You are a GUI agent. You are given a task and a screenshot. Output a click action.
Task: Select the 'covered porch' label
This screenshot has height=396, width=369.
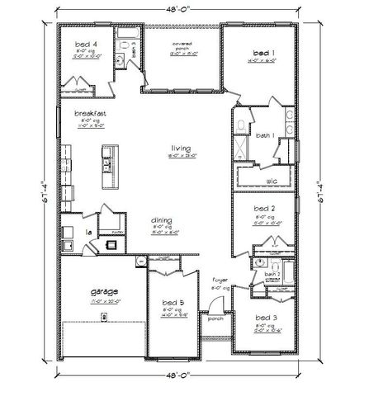182,43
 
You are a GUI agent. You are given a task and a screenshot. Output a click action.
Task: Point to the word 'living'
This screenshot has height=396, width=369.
172,148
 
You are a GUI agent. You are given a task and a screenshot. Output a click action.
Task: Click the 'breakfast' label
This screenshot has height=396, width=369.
88,113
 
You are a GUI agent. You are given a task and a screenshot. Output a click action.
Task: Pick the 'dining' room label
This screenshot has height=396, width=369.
162,220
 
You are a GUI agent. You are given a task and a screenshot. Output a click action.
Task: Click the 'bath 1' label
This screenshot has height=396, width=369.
264,135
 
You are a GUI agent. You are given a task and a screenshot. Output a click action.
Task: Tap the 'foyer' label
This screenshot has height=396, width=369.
219,280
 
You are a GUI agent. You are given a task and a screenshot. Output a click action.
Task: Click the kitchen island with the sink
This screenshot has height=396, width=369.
106,163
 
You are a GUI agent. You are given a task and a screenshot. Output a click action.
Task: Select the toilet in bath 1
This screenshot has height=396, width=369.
238,125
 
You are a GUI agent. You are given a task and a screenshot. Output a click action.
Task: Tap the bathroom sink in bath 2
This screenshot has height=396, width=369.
258,264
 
